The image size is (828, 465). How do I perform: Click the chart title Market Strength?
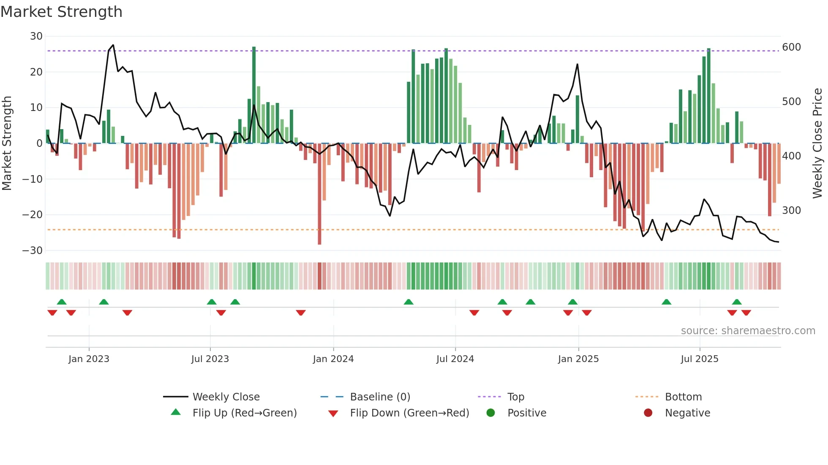click(61, 12)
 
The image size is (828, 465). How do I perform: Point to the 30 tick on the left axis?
click(36, 36)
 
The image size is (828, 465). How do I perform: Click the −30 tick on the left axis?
click(33, 251)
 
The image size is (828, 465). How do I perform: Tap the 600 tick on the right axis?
click(791, 47)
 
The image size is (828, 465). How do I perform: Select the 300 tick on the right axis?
click(791, 211)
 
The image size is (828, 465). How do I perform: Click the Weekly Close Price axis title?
click(817, 143)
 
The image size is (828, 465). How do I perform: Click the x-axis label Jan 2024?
click(333, 359)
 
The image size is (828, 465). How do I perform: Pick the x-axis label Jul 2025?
click(700, 359)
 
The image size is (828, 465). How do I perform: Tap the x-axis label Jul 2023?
click(210, 359)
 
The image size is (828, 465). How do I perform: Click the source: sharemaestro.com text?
click(748, 331)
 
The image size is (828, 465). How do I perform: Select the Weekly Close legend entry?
click(226, 397)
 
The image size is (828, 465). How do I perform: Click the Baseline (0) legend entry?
click(380, 397)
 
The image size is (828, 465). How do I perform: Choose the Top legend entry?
click(515, 397)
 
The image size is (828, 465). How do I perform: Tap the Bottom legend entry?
click(683, 397)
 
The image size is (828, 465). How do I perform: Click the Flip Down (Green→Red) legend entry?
click(409, 413)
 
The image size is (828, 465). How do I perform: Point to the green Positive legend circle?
click(490, 413)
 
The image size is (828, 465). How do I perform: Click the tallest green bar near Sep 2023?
click(254, 95)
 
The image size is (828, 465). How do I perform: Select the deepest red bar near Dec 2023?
click(319, 194)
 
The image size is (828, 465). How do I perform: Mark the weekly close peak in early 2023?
click(113, 45)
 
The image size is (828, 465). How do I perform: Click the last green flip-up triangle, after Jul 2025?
click(737, 302)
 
